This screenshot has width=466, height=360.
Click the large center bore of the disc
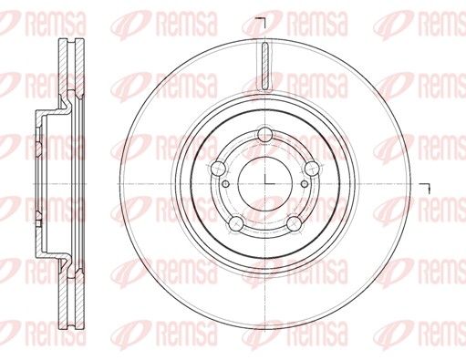265,184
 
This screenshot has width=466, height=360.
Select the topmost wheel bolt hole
265,135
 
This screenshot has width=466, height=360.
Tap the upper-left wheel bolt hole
218,169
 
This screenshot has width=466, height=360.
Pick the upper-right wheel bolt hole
312,169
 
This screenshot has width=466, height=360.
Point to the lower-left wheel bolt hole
236,223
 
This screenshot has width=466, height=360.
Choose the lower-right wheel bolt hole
295,223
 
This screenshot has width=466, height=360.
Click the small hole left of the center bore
226,184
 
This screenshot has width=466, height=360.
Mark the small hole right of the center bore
305,184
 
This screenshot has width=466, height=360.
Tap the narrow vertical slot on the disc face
265,67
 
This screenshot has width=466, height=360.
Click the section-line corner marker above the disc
261,22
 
